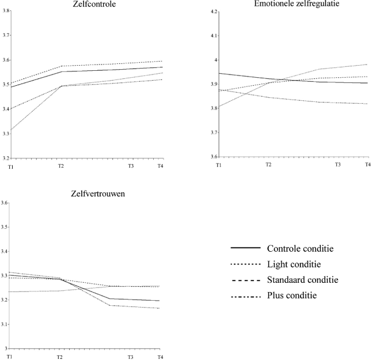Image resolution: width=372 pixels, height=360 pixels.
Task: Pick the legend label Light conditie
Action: (x=294, y=264)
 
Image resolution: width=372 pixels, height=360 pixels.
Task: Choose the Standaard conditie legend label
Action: (x=302, y=280)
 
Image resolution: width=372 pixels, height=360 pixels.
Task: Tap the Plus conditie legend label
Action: (x=292, y=295)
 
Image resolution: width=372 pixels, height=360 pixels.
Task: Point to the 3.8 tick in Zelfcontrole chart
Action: (x=5, y=11)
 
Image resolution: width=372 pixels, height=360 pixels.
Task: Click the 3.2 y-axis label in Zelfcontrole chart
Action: (x=5, y=157)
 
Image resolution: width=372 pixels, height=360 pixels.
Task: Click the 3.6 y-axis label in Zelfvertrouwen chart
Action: (x=5, y=203)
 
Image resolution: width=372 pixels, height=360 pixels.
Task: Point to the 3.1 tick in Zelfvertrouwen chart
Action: (x=5, y=324)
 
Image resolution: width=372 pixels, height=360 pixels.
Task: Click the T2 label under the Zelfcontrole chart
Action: (x=60, y=166)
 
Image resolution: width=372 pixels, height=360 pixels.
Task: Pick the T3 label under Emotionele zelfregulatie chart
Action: (x=339, y=165)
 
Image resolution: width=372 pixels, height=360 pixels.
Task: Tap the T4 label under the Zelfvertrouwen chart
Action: (x=160, y=357)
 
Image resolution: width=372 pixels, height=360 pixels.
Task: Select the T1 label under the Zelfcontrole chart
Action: (x=9, y=166)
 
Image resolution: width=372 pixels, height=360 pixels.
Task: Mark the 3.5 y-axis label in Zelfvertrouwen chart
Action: (x=5, y=227)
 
